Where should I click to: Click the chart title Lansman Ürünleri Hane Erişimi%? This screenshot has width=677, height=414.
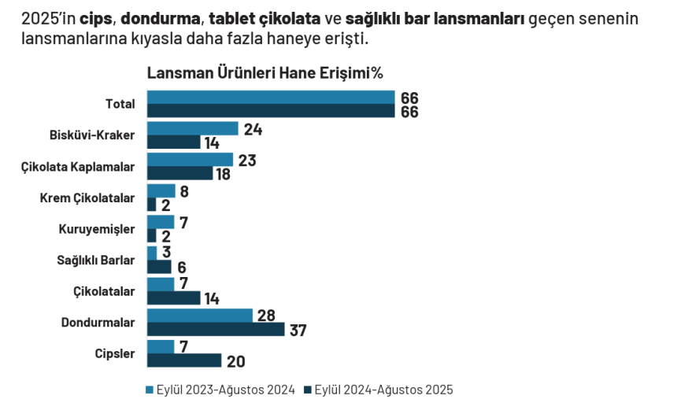click(265, 72)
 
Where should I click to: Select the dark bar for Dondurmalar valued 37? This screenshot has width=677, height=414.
click(216, 329)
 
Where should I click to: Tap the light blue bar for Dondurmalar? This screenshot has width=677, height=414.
click(200, 316)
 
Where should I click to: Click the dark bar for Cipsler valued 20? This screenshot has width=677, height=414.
click(184, 360)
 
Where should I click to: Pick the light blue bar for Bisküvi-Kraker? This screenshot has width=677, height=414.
click(192, 128)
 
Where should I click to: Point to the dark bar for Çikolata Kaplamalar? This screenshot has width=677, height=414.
click(179, 173)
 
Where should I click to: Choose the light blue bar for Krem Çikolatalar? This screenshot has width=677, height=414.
click(161, 190)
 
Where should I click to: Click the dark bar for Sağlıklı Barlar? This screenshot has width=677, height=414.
click(159, 267)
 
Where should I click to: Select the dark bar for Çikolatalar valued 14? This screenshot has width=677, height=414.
click(173, 298)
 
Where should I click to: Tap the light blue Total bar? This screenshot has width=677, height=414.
click(271, 97)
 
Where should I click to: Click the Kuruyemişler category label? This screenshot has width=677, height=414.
click(97, 229)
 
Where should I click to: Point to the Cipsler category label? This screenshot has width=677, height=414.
click(115, 353)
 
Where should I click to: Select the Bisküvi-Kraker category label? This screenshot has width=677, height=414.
click(92, 135)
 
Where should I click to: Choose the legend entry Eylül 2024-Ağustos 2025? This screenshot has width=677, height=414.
click(383, 390)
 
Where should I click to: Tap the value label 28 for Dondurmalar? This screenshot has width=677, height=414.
click(265, 316)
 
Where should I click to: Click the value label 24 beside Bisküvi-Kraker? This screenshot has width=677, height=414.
click(252, 128)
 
